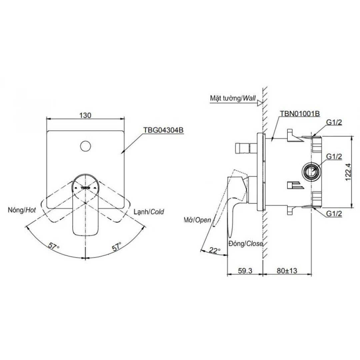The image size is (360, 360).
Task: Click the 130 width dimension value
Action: click(x=85, y=115)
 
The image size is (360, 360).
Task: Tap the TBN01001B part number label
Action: click(x=300, y=114)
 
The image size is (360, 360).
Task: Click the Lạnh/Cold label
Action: click(x=149, y=212)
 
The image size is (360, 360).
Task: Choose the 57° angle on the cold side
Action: click(x=116, y=247)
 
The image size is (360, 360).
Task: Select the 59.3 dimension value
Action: click(x=245, y=271)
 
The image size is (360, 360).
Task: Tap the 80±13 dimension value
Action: click(x=287, y=271)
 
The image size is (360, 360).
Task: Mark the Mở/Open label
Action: click(x=197, y=220)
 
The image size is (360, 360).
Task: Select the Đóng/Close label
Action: click(x=246, y=244)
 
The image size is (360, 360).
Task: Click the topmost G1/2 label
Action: click(x=334, y=123)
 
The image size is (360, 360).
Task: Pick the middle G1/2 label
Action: click(x=334, y=157)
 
